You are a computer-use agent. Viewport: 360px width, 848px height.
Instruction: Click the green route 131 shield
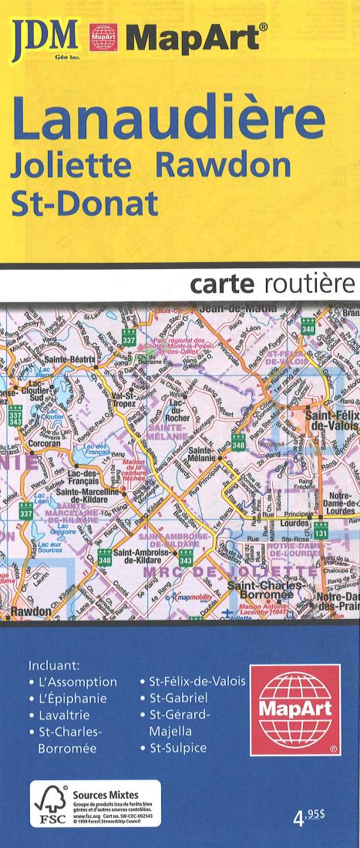pos(321,533)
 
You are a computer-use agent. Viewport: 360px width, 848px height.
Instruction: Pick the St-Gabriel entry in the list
pos(179,698)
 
